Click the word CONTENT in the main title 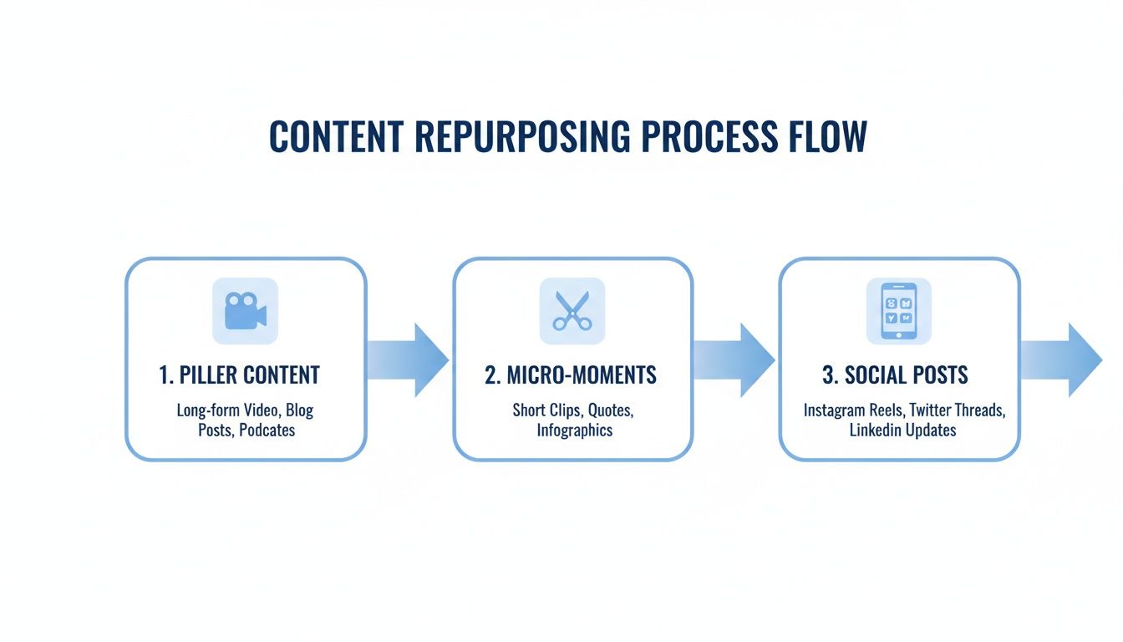(x=336, y=136)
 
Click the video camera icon (x=245, y=311)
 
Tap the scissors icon (x=572, y=311)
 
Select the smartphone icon (x=898, y=311)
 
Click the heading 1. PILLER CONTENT (x=239, y=374)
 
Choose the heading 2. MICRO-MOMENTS (x=571, y=374)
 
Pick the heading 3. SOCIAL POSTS (x=895, y=374)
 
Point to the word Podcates (x=267, y=431)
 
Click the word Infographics (x=575, y=431)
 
